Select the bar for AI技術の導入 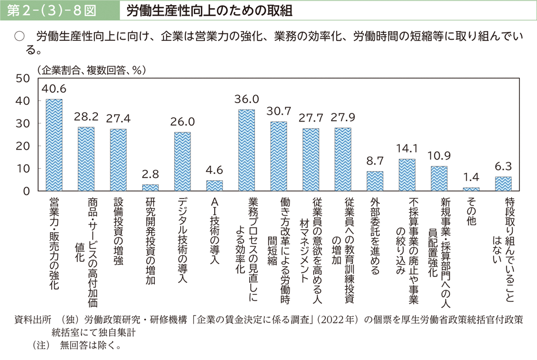click(215, 185)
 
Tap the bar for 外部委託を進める click(375, 181)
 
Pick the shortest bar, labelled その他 click(471, 189)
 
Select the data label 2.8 click(151, 174)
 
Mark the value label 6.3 click(504, 166)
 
